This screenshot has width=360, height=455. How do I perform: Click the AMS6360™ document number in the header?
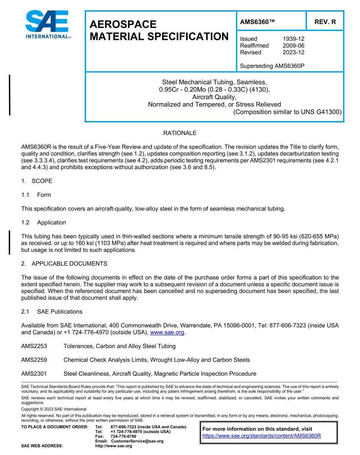tap(257, 22)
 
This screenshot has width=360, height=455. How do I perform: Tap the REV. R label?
tap(325, 22)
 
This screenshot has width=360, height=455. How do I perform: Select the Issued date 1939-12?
tap(293, 39)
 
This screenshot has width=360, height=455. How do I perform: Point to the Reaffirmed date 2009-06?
tap(293, 45)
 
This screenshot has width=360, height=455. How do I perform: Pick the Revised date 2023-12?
tap(293, 52)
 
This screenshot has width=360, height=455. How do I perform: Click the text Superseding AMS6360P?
tap(272, 66)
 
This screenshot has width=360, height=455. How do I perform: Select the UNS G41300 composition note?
tap(288, 112)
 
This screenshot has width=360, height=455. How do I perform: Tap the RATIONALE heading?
tap(180, 133)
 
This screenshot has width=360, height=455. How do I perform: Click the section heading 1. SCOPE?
tap(37, 181)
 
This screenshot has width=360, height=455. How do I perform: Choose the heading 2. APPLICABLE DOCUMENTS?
tap(64, 264)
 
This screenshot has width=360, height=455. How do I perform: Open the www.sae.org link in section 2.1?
tap(167, 333)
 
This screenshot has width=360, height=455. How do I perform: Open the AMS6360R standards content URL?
tap(261, 436)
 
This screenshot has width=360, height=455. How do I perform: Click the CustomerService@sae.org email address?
tap(137, 441)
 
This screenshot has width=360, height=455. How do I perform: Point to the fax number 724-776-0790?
tap(123, 436)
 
